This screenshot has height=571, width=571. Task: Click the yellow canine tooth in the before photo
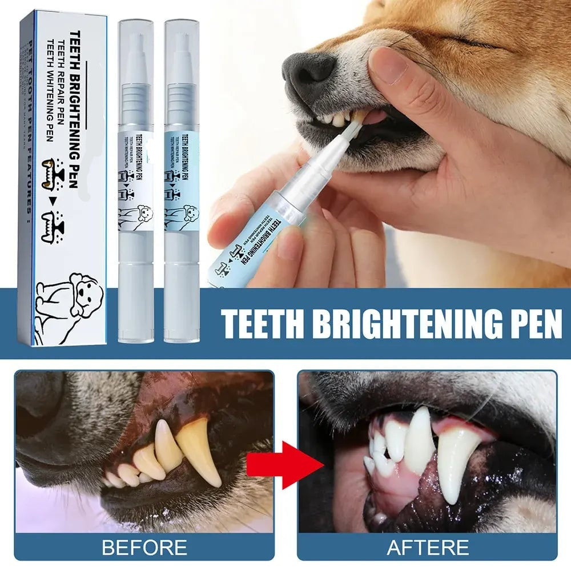[199, 448]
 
